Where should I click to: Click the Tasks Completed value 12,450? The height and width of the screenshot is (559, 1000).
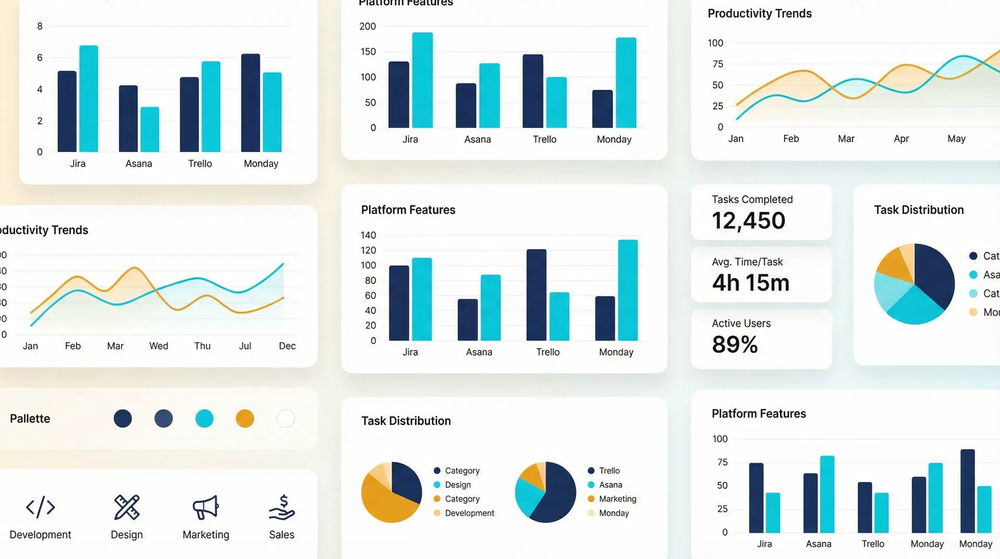click(748, 221)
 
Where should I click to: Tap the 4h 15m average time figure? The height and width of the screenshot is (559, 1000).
click(751, 283)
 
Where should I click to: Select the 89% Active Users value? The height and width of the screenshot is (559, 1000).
click(734, 344)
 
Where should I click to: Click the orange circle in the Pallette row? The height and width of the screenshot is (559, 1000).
click(245, 418)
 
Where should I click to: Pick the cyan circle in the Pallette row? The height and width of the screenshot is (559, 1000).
click(204, 418)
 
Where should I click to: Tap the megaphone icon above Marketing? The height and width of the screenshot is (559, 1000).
click(206, 507)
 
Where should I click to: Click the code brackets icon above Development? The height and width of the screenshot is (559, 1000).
click(40, 507)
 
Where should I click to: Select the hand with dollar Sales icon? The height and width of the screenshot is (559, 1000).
click(282, 507)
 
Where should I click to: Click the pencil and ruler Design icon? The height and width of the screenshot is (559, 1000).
click(127, 507)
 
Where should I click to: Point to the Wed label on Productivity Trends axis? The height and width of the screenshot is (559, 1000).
click(158, 346)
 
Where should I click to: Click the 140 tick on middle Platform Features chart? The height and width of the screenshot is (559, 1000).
click(368, 235)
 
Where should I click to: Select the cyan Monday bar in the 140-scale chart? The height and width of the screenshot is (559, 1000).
click(628, 290)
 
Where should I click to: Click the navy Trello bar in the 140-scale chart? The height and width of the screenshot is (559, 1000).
click(536, 295)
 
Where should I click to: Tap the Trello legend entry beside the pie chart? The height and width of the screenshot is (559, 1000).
click(609, 470)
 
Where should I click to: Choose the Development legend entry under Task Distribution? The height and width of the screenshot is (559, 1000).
click(469, 513)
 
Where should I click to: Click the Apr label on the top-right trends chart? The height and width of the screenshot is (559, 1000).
click(901, 139)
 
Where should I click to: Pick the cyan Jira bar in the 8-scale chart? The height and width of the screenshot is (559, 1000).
click(89, 99)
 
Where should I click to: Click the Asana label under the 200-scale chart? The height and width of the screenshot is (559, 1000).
click(478, 139)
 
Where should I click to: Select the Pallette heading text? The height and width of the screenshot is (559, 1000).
click(30, 419)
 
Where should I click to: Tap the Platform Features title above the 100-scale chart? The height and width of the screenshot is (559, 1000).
click(758, 414)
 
